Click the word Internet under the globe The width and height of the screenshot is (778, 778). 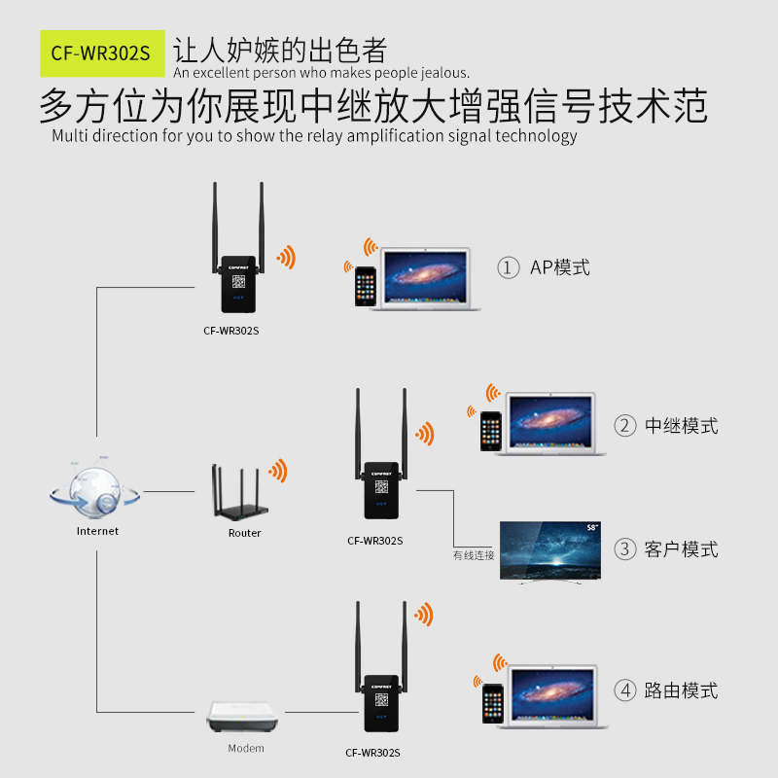[x=97, y=531]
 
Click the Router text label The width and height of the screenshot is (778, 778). [x=245, y=533]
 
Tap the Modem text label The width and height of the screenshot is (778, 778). [x=246, y=749]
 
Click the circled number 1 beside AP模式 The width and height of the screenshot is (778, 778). [x=508, y=267]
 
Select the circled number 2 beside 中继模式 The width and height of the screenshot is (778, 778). [x=624, y=426]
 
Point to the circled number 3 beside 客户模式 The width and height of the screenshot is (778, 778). [x=624, y=549]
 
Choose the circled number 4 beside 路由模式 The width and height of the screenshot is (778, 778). [x=624, y=690]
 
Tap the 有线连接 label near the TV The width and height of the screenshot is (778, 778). [x=474, y=555]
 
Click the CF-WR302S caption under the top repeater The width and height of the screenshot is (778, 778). [x=231, y=330]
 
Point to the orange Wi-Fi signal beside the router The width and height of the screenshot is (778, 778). [x=279, y=472]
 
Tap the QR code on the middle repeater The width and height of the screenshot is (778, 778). [x=381, y=485]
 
